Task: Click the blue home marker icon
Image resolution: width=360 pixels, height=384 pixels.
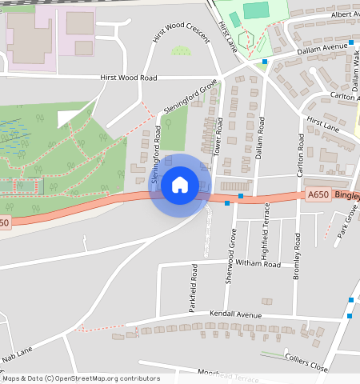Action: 180,185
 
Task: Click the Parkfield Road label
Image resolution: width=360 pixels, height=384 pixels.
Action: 193,288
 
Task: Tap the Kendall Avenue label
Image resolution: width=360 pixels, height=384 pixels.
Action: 235,314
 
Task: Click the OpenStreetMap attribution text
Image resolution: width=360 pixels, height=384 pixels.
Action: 81,378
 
